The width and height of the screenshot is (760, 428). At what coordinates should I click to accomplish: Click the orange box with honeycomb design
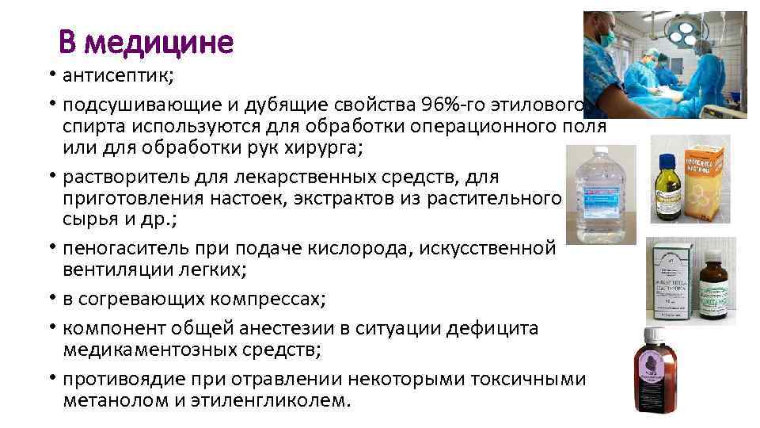coord(708,182)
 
